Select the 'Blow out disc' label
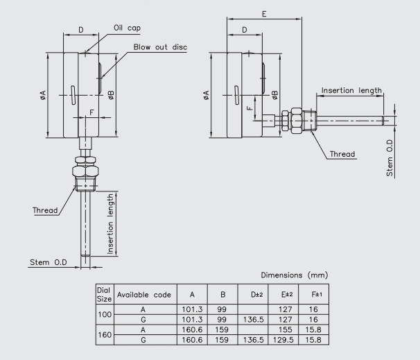(x=160, y=47)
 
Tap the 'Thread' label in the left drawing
(x=46, y=209)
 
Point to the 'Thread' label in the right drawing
(x=342, y=154)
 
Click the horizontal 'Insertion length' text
(x=350, y=91)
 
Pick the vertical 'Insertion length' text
(x=110, y=224)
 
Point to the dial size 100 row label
(x=104, y=313)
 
